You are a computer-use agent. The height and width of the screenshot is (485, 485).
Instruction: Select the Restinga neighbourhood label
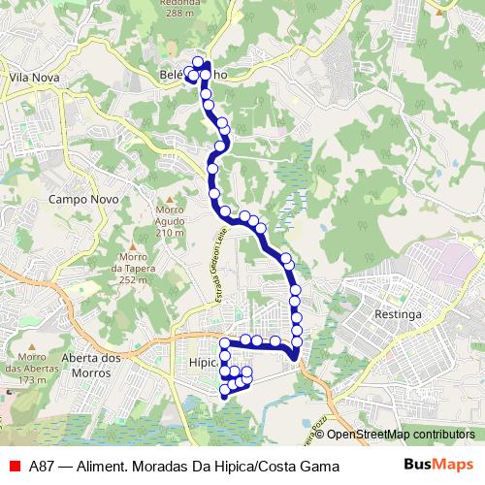click(398, 314)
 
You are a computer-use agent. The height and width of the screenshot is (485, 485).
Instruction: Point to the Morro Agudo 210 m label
click(169, 222)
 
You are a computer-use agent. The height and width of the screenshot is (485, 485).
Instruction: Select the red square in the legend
click(14, 467)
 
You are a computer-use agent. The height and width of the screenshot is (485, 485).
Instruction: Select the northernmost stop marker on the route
click(198, 62)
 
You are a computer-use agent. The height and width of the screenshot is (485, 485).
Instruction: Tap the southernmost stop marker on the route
click(225, 392)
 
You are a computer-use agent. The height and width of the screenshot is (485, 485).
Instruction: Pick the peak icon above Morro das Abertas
click(31, 347)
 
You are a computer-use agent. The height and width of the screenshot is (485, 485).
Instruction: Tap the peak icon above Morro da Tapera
click(133, 245)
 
